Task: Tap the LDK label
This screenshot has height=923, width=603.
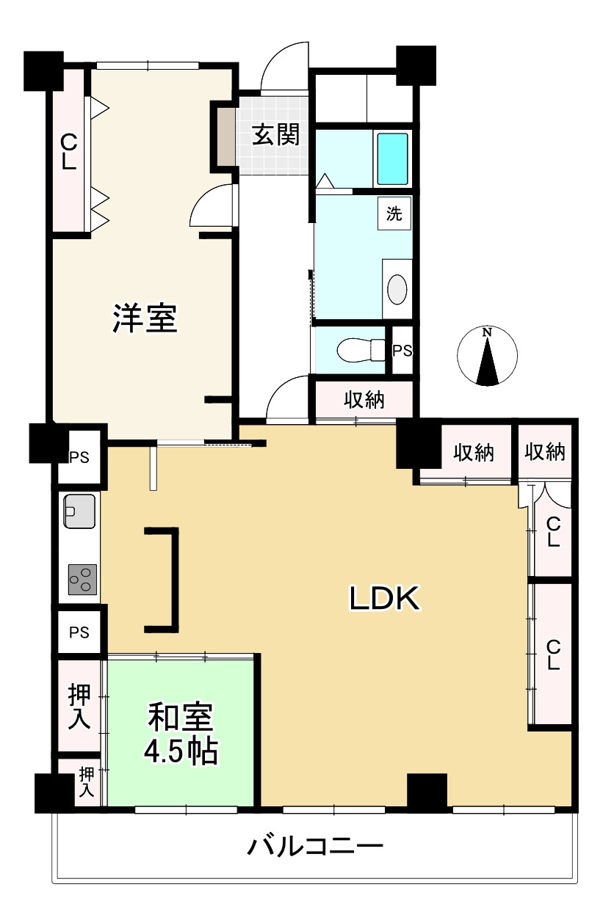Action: coord(383,599)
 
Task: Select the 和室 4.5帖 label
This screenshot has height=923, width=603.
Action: coord(181,734)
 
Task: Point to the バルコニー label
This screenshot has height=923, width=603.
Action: coord(315,848)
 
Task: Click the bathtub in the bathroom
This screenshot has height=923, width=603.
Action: coord(391,158)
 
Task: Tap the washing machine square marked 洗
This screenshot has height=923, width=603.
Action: coord(394,214)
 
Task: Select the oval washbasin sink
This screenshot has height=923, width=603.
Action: coord(397,289)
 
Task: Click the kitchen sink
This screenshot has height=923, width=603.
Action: coord(79,511)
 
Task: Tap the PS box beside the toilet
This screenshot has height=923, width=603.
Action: coord(402,351)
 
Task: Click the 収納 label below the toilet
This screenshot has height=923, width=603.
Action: coord(365,401)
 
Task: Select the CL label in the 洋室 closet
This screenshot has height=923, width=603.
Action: coord(68,151)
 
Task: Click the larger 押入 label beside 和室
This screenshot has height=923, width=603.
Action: coord(79,706)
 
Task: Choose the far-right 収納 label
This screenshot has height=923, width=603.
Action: coord(545,453)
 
